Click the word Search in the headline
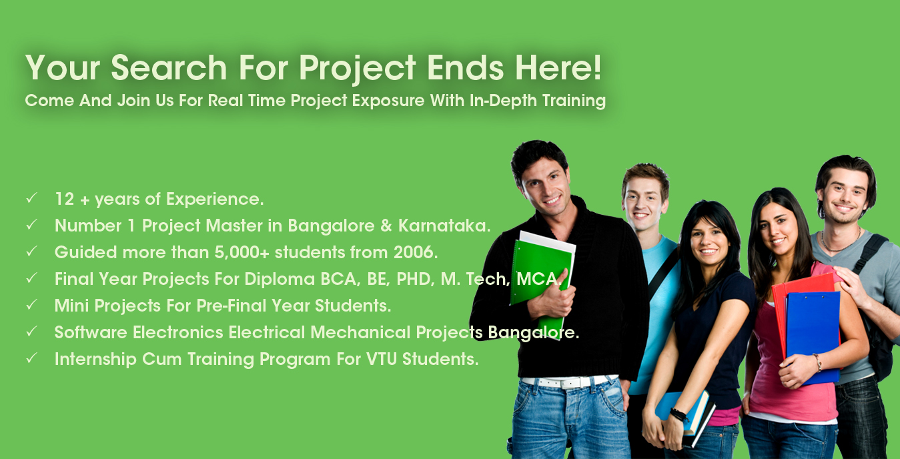[x=169, y=67]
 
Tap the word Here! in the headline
[x=558, y=67]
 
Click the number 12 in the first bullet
[x=64, y=199]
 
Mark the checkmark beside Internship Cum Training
[x=31, y=358]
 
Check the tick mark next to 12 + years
[x=31, y=198]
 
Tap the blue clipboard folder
[x=813, y=337]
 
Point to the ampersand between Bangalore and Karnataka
[x=386, y=226]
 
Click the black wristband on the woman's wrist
[x=679, y=414]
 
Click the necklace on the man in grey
[x=841, y=243]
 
